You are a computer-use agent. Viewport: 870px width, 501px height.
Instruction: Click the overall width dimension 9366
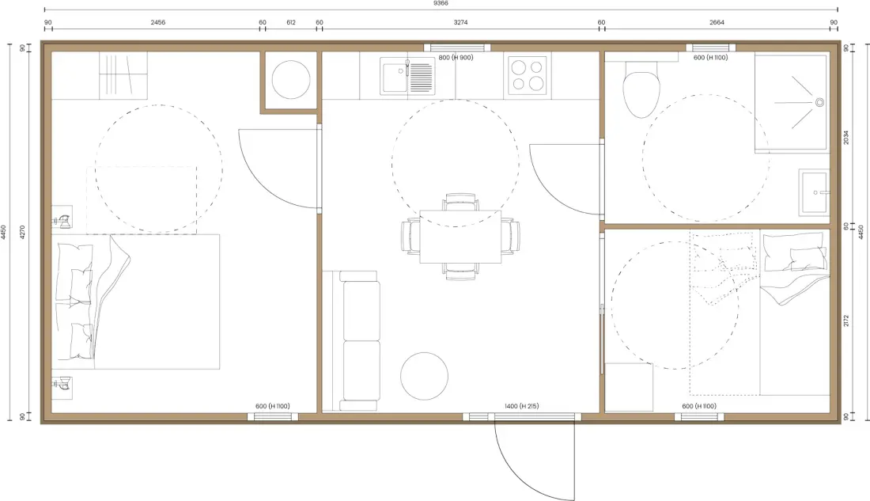point(441,3)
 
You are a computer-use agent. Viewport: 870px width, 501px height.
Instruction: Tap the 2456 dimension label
point(158,23)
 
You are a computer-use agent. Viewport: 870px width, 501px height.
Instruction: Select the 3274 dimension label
point(460,23)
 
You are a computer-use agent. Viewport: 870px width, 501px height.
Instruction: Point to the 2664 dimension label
point(717,23)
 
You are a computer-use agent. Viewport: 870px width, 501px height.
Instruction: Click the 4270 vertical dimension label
point(23,232)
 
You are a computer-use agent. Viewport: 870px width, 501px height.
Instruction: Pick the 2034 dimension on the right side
point(846,138)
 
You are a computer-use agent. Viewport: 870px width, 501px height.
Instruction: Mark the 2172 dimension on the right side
point(846,321)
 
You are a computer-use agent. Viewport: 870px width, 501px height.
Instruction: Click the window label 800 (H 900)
point(456,58)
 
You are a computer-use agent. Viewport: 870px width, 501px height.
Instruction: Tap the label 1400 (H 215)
point(521,407)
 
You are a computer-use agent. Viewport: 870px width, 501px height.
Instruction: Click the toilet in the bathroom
point(641,89)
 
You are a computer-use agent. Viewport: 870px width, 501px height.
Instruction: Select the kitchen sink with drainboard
point(407,75)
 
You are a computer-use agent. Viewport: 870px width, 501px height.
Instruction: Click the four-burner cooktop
point(528,75)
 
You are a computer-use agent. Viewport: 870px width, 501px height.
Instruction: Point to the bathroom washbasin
point(815,192)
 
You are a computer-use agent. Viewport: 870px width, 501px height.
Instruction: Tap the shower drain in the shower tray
point(819,102)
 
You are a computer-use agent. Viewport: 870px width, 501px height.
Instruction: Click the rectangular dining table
point(460,237)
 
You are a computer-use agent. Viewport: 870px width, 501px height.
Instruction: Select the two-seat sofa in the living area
point(360,340)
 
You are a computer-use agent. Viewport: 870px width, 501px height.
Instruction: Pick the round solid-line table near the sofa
point(425,376)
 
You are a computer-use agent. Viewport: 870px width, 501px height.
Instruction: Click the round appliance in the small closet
point(291,80)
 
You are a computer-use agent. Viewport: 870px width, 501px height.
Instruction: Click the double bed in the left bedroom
point(136,302)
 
